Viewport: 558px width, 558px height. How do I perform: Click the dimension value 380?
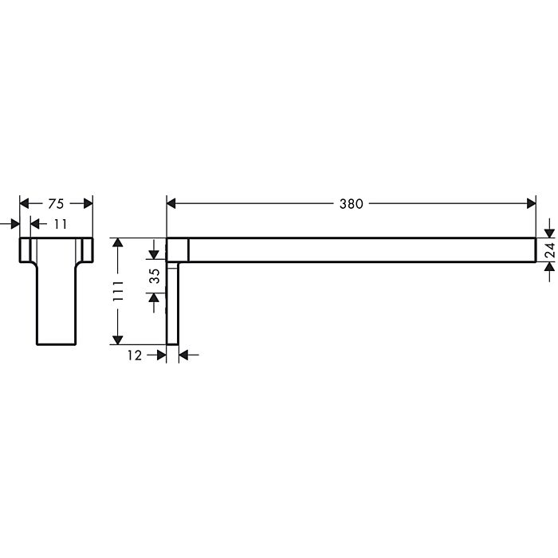351,204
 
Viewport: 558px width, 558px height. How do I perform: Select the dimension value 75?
56,204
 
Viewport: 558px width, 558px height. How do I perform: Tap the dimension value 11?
61,225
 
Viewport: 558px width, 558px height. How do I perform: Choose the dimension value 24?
549,250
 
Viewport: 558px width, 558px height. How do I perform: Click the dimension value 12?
134,356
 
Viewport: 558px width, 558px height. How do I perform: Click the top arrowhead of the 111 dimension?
118,243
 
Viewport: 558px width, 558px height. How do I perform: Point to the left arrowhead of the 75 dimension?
25,204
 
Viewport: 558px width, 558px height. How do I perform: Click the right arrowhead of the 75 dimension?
88,204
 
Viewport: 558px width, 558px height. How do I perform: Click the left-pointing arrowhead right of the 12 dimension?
184,356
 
